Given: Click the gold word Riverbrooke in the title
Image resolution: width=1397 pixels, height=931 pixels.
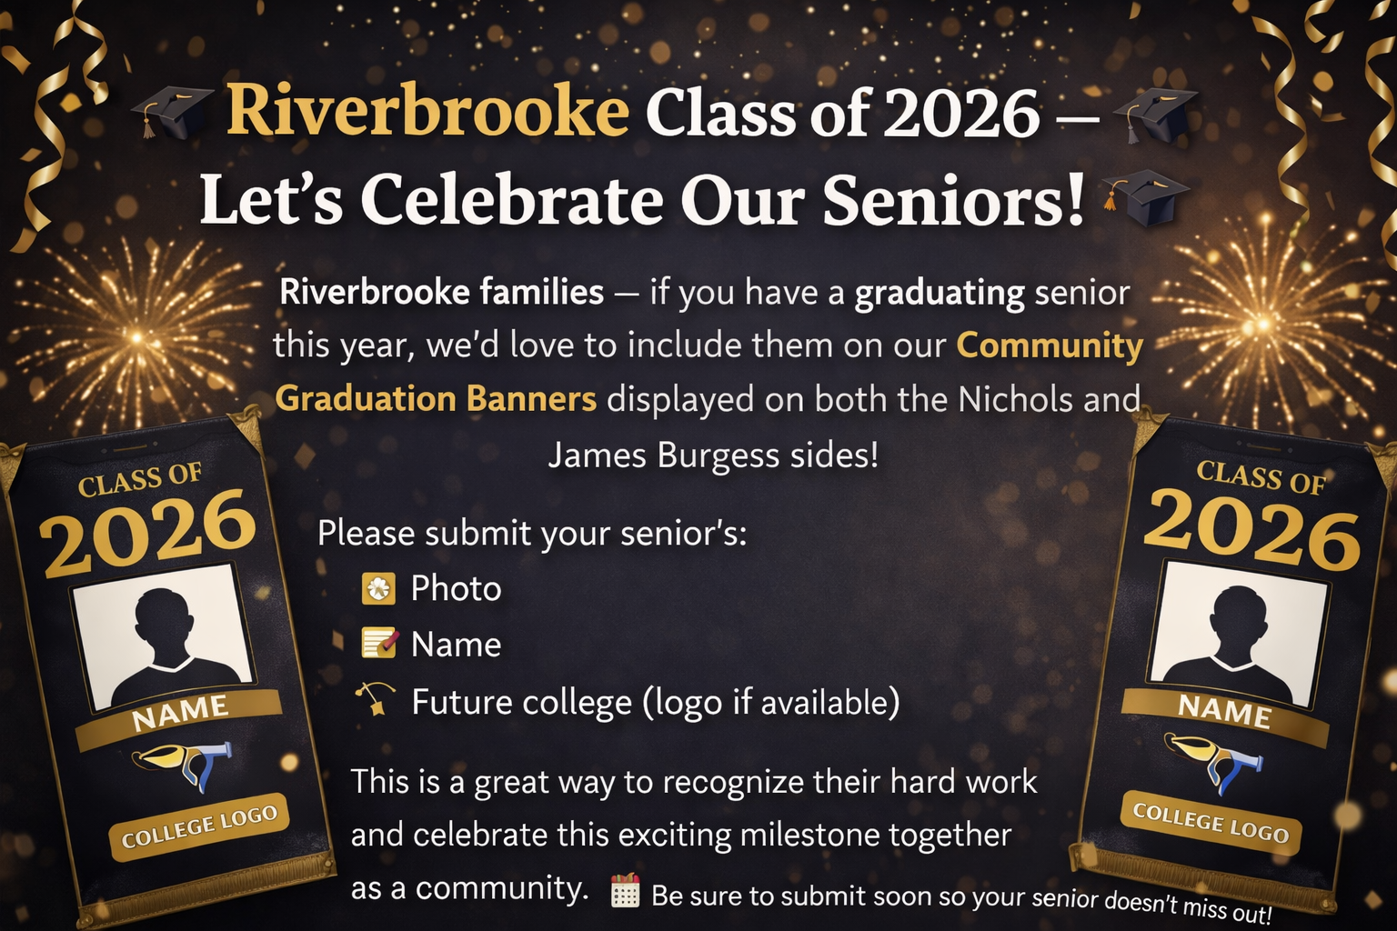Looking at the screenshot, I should (x=427, y=113).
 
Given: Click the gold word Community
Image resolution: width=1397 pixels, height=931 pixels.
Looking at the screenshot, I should (x=1050, y=345).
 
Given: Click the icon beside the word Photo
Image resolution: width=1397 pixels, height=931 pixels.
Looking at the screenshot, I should (x=378, y=589).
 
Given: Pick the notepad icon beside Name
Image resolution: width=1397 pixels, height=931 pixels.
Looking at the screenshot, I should (x=378, y=644).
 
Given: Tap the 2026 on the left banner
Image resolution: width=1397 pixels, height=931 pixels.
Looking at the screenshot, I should (x=147, y=533).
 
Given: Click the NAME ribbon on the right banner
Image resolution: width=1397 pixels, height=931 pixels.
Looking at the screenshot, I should (x=1224, y=710).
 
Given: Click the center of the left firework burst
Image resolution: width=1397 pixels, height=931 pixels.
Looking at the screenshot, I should (x=136, y=337).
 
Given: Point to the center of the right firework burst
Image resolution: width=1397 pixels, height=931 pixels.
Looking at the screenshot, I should (x=1263, y=323).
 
